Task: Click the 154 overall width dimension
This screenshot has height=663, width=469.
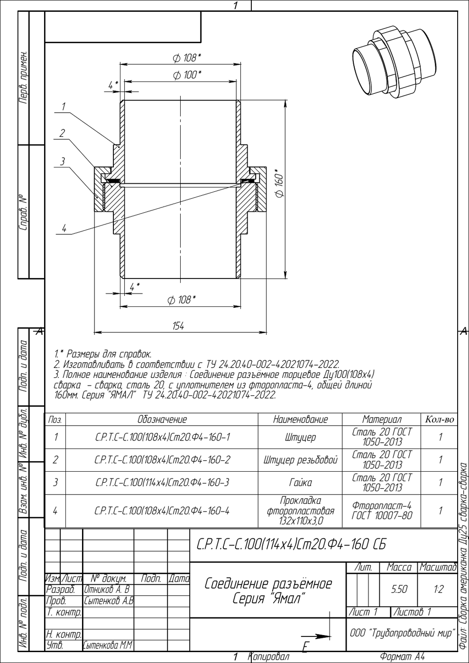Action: (x=178, y=326)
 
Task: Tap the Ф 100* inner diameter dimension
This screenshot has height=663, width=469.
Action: (x=187, y=75)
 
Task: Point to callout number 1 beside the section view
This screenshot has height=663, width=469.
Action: (x=64, y=107)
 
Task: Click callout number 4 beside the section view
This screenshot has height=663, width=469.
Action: (x=64, y=228)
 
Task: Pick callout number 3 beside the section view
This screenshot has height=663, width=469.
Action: (x=62, y=161)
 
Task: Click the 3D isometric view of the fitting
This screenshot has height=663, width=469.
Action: (x=395, y=63)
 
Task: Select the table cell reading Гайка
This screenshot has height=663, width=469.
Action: (x=300, y=483)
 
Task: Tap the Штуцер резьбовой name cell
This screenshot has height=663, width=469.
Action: (x=300, y=460)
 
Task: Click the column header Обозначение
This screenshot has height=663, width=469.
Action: (x=162, y=419)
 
